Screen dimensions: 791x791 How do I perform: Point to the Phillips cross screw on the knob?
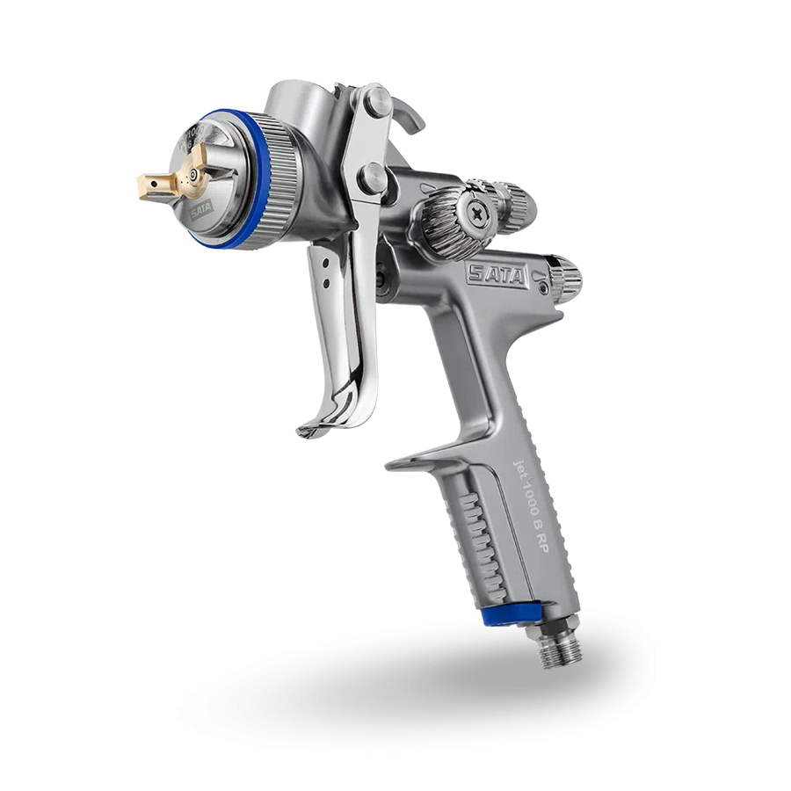point(479,211)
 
